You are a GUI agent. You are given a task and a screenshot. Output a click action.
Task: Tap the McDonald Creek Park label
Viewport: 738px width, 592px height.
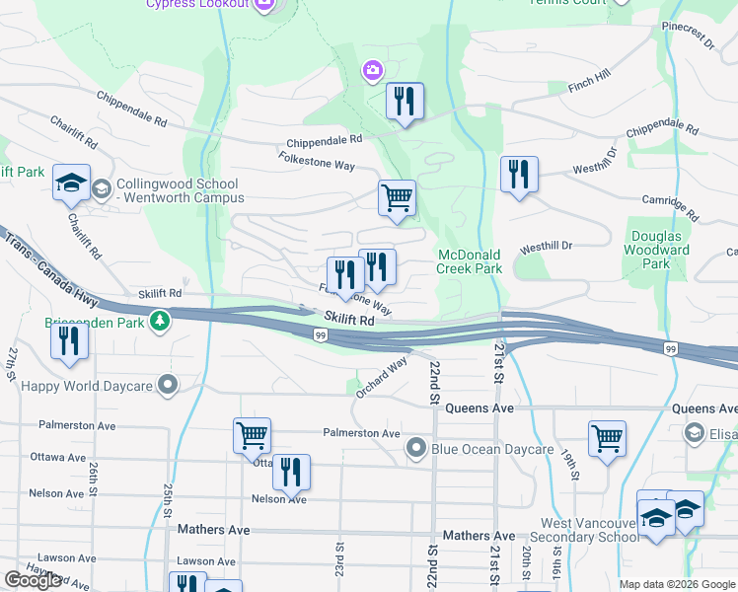(x=470, y=261)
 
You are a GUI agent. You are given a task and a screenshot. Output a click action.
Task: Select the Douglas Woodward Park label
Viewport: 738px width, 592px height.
(x=658, y=251)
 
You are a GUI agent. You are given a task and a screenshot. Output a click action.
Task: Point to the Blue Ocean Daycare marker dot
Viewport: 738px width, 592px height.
(x=417, y=449)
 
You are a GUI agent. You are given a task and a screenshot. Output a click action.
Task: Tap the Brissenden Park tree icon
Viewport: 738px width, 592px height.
(x=159, y=321)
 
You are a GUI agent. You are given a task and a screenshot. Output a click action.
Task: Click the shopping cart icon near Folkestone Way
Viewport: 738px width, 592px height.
(x=397, y=197)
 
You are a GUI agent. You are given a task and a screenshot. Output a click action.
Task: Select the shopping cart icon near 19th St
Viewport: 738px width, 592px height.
(x=607, y=437)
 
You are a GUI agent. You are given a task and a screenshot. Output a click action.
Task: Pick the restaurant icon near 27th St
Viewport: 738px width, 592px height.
(x=69, y=339)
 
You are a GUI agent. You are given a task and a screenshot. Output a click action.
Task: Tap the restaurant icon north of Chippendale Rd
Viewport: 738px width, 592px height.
(x=405, y=101)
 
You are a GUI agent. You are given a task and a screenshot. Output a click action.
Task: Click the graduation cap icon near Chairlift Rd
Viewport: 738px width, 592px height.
(x=71, y=182)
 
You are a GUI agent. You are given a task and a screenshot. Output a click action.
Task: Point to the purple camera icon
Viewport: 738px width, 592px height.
(x=373, y=69)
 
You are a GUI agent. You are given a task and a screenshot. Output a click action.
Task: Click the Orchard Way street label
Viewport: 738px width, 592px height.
(x=383, y=377)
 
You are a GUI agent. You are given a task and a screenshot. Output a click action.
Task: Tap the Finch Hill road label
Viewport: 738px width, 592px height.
(x=589, y=82)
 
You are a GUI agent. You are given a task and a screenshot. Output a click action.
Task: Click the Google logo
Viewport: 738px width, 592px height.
(x=34, y=580)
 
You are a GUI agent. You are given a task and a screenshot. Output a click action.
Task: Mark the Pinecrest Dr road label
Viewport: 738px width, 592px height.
(x=688, y=35)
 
